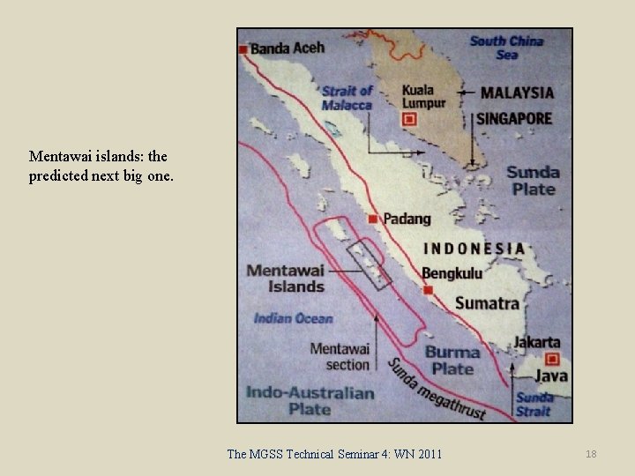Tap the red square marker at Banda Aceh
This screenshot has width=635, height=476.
point(243,49)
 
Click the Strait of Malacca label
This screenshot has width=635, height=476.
point(347,98)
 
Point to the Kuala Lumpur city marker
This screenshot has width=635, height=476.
point(408,119)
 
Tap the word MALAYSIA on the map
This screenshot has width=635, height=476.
point(517,92)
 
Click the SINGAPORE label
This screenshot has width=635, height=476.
point(514,118)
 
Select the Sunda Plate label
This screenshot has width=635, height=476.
point(533,180)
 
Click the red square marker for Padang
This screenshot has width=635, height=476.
point(373,219)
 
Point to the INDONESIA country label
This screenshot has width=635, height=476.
point(474,249)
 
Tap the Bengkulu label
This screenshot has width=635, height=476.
point(452,273)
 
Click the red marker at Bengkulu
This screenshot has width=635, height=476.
point(428,289)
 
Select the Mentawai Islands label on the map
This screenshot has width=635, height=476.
point(286,278)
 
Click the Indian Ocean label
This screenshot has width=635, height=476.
point(293,318)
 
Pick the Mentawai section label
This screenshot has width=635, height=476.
point(340,356)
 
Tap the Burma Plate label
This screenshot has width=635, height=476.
point(452,361)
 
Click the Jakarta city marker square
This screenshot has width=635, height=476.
point(553,359)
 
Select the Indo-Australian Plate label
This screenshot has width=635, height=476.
point(310,400)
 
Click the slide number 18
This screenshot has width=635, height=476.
point(591,453)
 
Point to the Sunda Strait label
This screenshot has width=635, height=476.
point(534,404)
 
